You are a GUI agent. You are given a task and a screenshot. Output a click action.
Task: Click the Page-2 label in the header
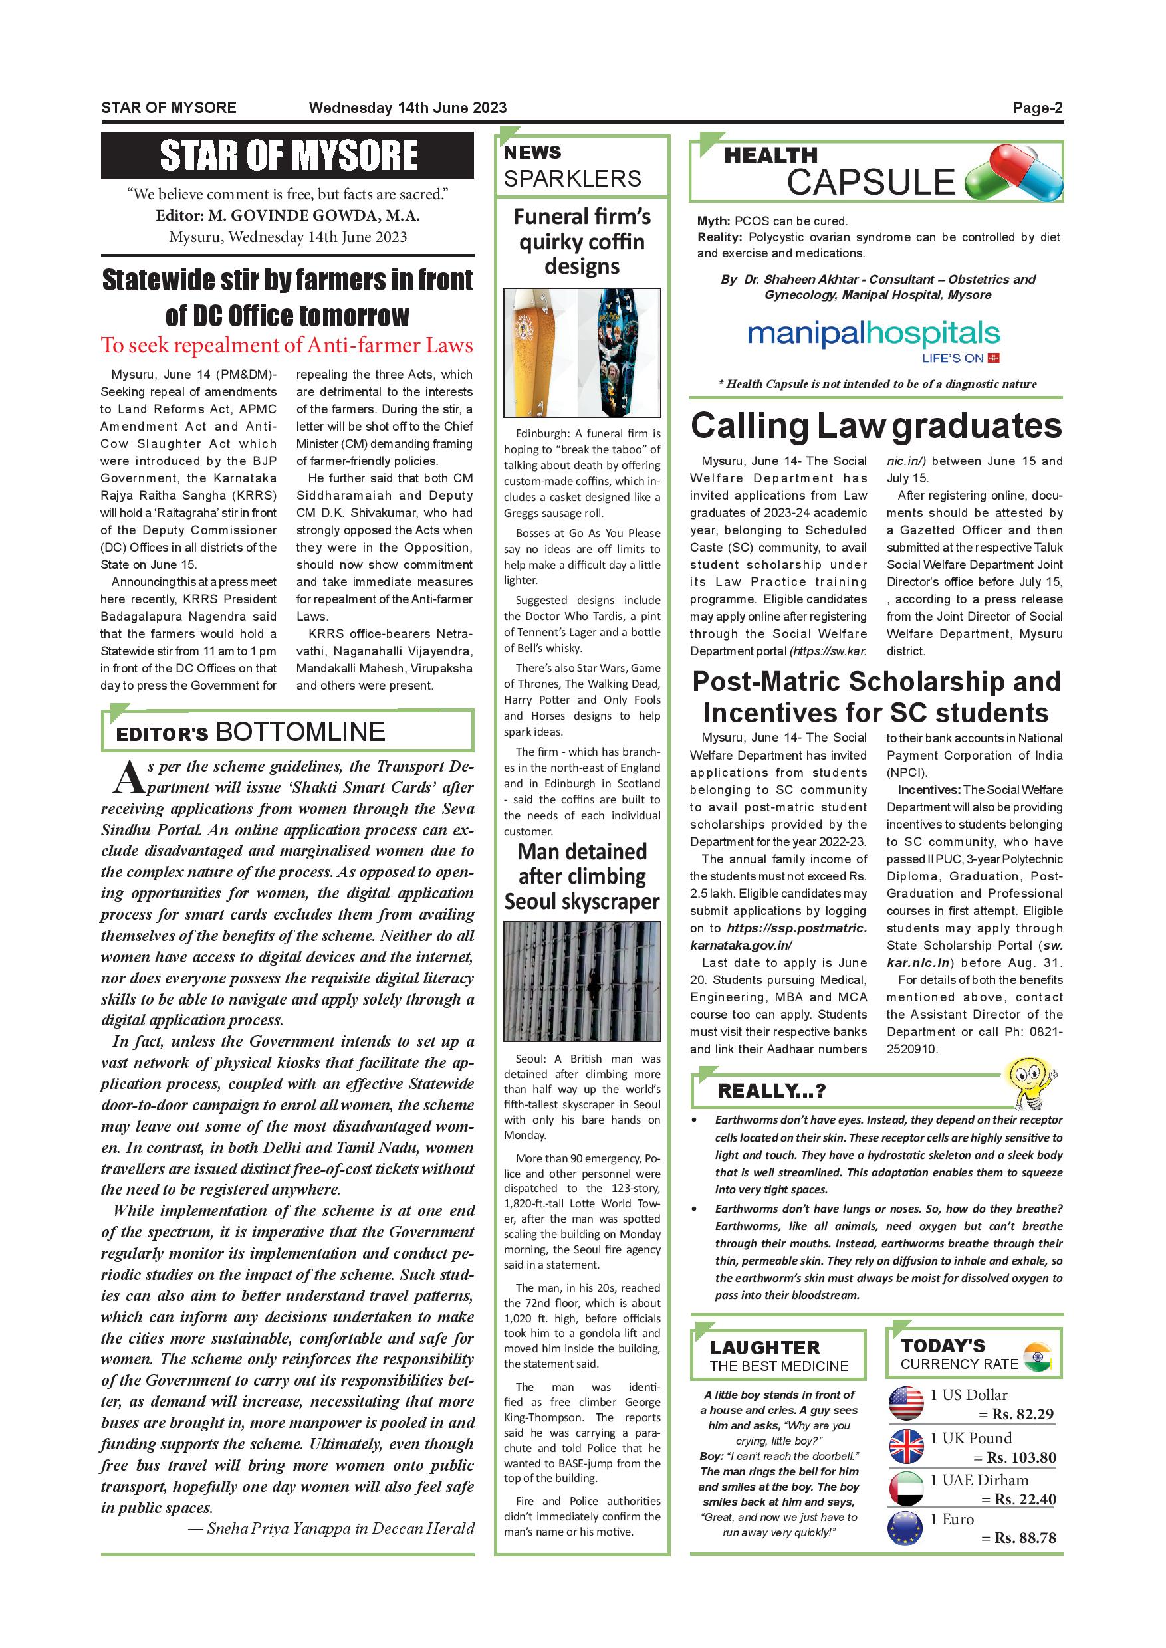click(1038, 108)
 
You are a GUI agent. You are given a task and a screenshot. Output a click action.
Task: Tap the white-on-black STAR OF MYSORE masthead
click(288, 155)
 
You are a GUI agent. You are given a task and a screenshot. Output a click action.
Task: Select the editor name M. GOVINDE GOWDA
click(314, 216)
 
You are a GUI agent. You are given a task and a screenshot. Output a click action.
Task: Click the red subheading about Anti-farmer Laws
click(287, 346)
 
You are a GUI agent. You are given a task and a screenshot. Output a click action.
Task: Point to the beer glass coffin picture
click(537, 352)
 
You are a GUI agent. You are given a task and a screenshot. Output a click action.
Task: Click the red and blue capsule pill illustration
click(1014, 172)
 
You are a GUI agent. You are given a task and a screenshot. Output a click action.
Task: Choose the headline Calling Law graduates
click(876, 426)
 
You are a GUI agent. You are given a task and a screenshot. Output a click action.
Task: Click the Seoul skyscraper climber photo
click(582, 980)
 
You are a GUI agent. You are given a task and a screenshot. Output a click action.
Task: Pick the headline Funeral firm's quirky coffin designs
click(582, 241)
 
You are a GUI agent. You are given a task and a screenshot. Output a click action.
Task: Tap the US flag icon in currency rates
click(906, 1404)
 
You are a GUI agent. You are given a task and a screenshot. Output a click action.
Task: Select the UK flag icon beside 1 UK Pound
click(906, 1446)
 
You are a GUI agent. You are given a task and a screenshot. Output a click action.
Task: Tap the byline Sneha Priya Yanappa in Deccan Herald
click(331, 1528)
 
